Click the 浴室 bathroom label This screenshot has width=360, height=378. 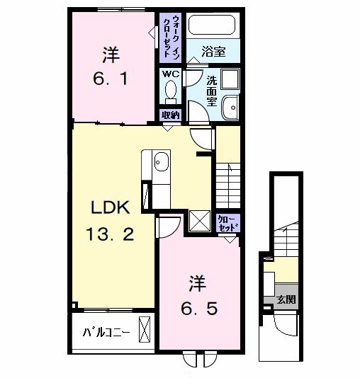(213, 52)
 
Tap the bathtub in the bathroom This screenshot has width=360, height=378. (212, 25)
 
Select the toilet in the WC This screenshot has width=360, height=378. (171, 92)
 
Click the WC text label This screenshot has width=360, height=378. (171, 74)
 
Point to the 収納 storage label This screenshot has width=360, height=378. (171, 115)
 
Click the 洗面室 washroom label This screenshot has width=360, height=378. (212, 91)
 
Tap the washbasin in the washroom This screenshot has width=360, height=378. (230, 108)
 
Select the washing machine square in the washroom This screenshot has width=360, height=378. (230, 79)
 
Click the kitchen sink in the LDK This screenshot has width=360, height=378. (161, 161)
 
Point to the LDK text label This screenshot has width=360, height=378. (111, 207)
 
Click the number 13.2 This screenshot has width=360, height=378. (110, 234)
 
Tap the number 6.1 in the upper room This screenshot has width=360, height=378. (111, 79)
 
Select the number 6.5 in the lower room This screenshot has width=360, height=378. (199, 309)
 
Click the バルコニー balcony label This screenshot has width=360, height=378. (106, 333)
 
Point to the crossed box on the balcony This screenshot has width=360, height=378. (145, 329)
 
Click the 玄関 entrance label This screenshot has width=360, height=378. (286, 299)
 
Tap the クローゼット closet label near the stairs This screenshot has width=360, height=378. (227, 224)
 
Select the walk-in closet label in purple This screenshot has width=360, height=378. (171, 37)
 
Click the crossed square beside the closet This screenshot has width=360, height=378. (200, 221)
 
